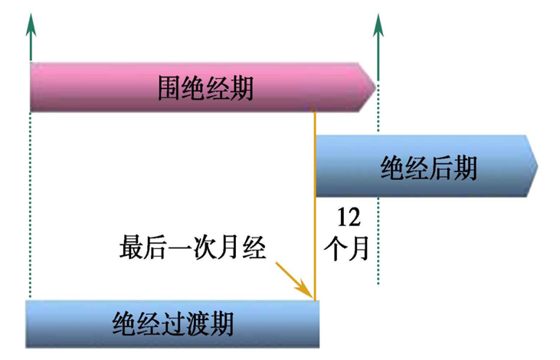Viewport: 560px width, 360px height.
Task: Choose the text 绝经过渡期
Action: click(172, 323)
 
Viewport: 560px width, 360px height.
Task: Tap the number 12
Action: click(348, 217)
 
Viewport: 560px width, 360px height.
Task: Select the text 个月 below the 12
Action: click(348, 249)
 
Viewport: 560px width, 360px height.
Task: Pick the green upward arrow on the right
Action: click(377, 34)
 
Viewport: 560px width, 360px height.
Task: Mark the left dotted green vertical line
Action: click(30, 207)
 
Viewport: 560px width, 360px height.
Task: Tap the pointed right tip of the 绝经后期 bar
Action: click(534, 165)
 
